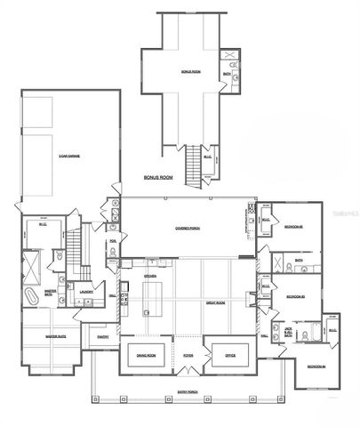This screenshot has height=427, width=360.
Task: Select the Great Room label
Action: (214, 302)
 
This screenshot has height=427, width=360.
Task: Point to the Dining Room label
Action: (147, 357)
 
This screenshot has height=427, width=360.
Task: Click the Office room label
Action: (229, 357)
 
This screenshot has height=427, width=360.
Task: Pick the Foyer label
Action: (188, 357)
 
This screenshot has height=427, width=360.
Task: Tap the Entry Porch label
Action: (186, 391)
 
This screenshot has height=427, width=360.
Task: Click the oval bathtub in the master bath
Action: (32, 294)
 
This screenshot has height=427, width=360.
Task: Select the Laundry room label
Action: (87, 291)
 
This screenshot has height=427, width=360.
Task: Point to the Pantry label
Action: (104, 336)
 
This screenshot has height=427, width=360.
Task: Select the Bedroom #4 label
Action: (316, 367)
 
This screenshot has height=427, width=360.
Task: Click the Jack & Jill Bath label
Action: (288, 332)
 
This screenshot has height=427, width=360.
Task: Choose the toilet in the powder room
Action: (113, 253)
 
